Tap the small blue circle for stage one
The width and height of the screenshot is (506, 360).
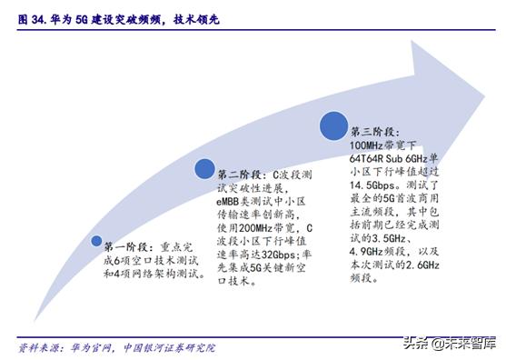coord(95,242)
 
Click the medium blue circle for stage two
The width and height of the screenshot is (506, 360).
coord(205,169)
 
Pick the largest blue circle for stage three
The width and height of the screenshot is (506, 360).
coord(333,126)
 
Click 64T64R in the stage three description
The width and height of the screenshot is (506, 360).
coord(372,156)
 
